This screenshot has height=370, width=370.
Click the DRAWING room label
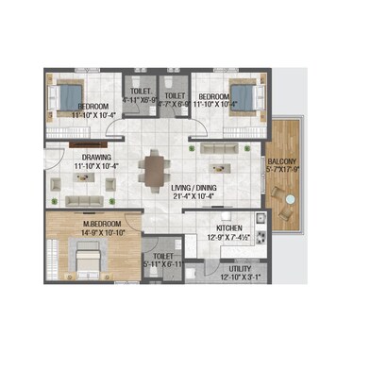97,158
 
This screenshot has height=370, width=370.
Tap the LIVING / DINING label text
194,187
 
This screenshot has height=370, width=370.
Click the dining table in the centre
155,170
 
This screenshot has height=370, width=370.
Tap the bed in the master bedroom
87,257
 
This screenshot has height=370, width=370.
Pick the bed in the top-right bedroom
242,95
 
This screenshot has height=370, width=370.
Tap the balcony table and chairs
281,194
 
